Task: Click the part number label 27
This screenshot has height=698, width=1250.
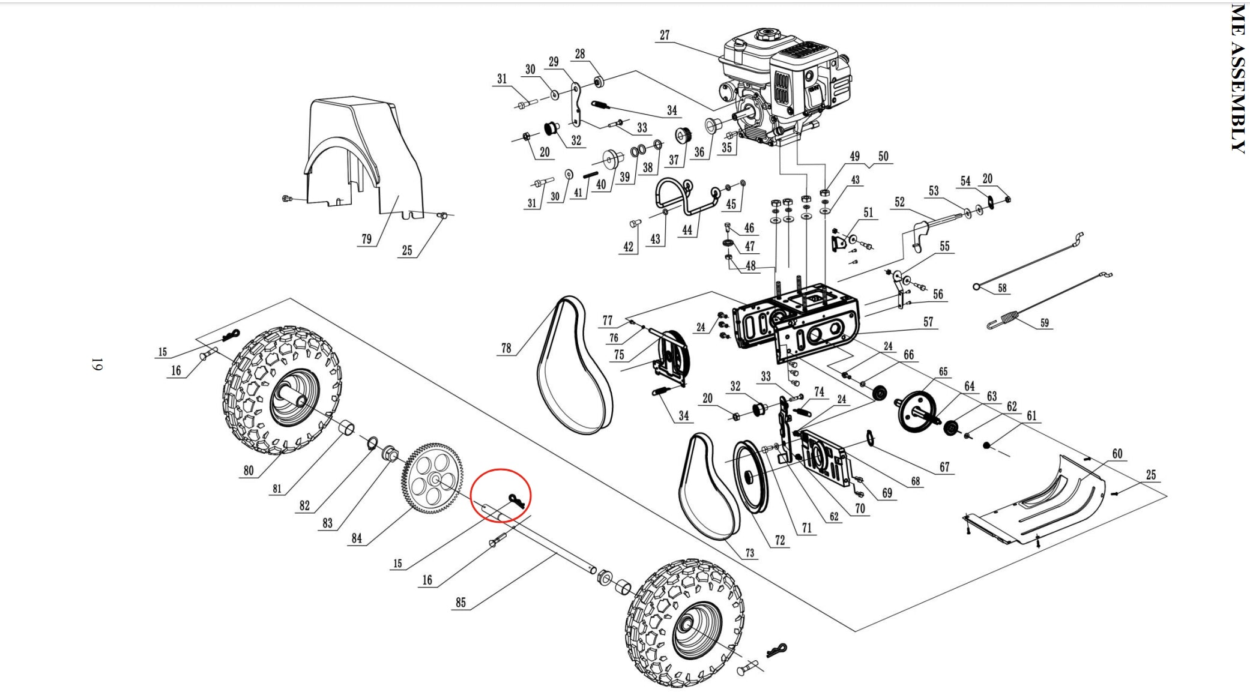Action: click(664, 35)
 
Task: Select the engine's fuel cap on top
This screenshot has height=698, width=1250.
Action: click(766, 33)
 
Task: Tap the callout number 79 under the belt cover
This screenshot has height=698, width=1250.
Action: click(366, 239)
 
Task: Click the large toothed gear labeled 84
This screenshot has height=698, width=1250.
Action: click(432, 479)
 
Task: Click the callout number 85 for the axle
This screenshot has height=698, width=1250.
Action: click(460, 602)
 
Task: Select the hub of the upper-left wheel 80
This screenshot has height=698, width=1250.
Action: click(294, 396)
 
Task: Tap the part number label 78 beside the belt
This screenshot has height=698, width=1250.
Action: click(506, 348)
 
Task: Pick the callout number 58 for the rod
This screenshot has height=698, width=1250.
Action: click(1002, 288)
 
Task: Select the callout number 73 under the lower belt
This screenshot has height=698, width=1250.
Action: click(750, 553)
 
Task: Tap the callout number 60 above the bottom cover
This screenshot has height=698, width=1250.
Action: click(1117, 454)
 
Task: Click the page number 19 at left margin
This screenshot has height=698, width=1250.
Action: click(97, 364)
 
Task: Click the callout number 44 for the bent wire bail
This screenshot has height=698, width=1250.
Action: click(687, 230)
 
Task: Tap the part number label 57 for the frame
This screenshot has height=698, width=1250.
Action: click(928, 322)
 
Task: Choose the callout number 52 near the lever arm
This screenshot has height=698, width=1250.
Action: click(899, 202)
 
